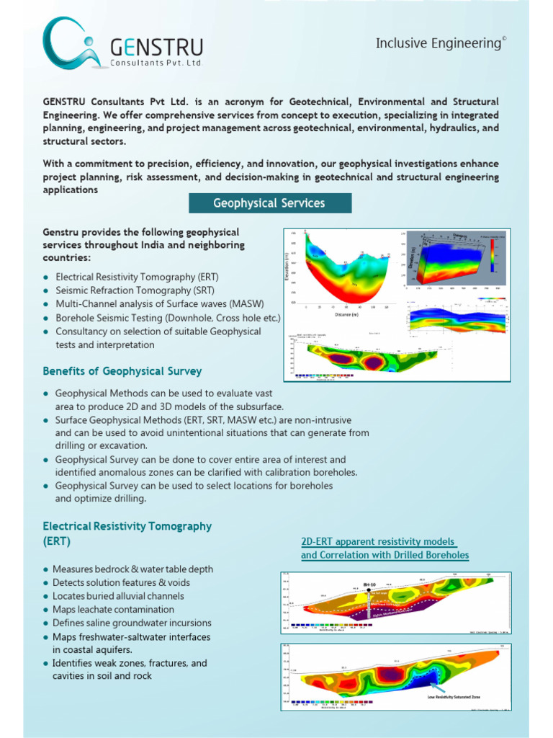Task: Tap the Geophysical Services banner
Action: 269,203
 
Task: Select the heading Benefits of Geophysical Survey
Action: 122,371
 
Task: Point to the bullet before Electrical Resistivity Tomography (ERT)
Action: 46,277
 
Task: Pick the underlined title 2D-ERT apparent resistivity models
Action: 378,541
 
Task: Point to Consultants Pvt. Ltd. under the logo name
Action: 156,63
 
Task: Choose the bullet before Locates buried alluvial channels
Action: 46,596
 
